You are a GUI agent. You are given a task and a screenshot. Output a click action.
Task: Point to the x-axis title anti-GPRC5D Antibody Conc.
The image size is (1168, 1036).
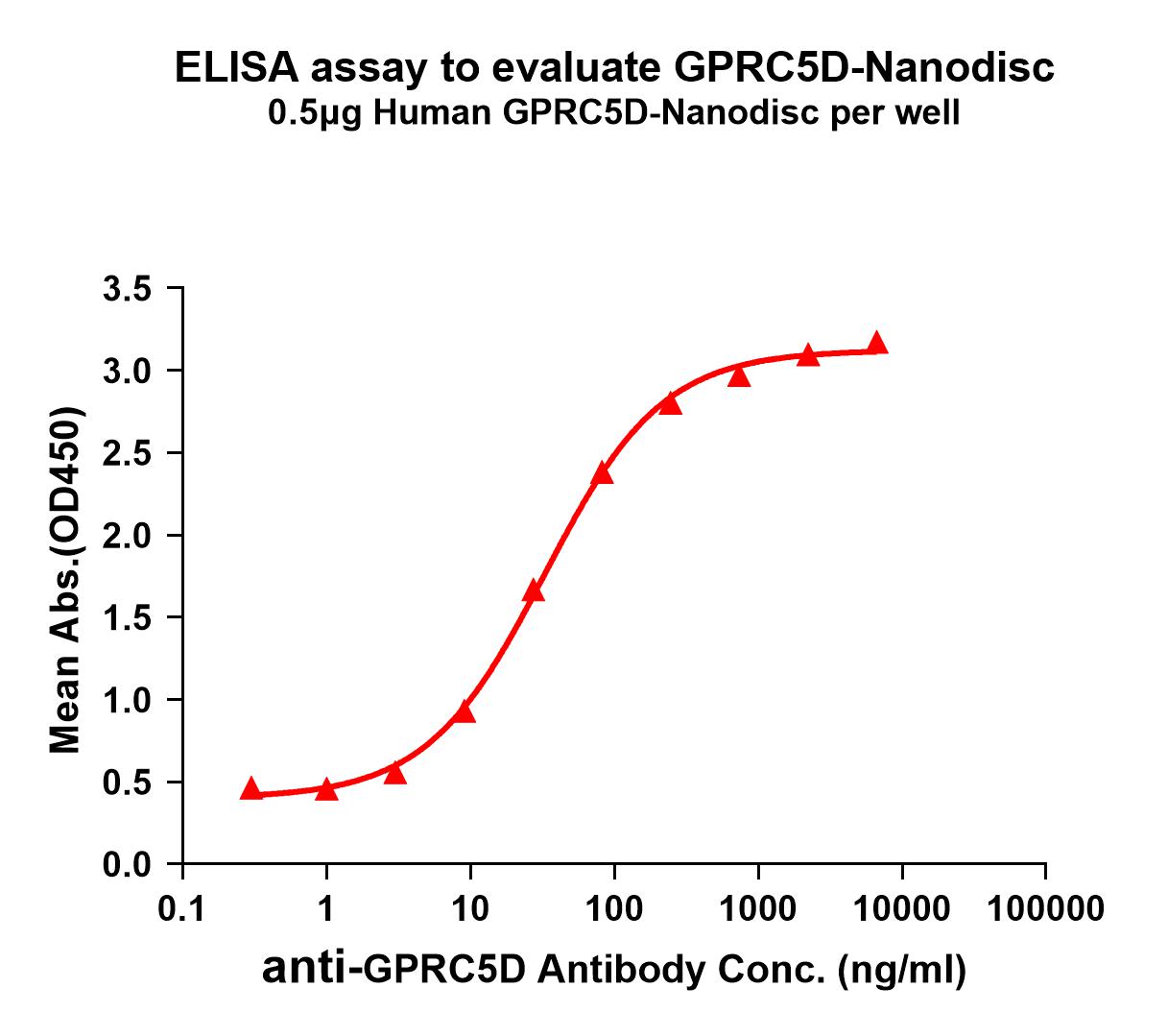pyautogui.click(x=614, y=970)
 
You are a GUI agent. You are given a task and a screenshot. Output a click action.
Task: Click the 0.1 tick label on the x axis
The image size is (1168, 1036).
pyautogui.click(x=181, y=907)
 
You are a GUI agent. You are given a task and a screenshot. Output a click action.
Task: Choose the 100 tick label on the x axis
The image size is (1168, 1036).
pyautogui.click(x=614, y=907)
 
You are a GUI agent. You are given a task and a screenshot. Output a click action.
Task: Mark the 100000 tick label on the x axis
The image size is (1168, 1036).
pyautogui.click(x=1044, y=907)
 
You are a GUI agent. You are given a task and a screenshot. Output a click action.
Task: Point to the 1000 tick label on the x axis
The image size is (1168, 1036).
pyautogui.click(x=758, y=907)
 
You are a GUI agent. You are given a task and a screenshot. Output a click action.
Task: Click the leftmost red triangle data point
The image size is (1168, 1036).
pyautogui.click(x=250, y=789)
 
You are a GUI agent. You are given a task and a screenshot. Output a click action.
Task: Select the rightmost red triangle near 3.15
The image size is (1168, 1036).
pyautogui.click(x=876, y=344)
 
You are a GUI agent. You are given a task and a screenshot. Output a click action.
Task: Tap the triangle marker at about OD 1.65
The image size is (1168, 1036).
pyautogui.click(x=534, y=591)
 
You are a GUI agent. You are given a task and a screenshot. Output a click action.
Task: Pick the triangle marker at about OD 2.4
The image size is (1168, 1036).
pyautogui.click(x=602, y=473)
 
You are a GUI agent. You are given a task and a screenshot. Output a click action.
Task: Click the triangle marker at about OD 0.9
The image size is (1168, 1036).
pyautogui.click(x=465, y=711)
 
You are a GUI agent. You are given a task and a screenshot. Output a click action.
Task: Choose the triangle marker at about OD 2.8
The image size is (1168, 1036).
pyautogui.click(x=670, y=404)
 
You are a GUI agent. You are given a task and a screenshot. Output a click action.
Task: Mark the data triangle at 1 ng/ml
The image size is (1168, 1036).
pyautogui.click(x=326, y=789)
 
